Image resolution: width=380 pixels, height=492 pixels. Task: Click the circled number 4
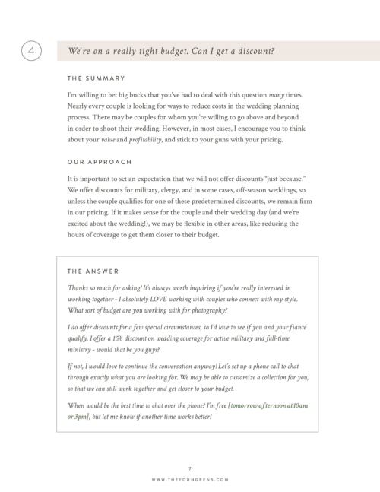coord(30,52)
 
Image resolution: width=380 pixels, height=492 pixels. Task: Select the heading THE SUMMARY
coord(97,78)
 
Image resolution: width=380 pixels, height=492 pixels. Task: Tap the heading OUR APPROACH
coord(100,163)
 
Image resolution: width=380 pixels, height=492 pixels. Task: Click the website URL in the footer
coord(189,480)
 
